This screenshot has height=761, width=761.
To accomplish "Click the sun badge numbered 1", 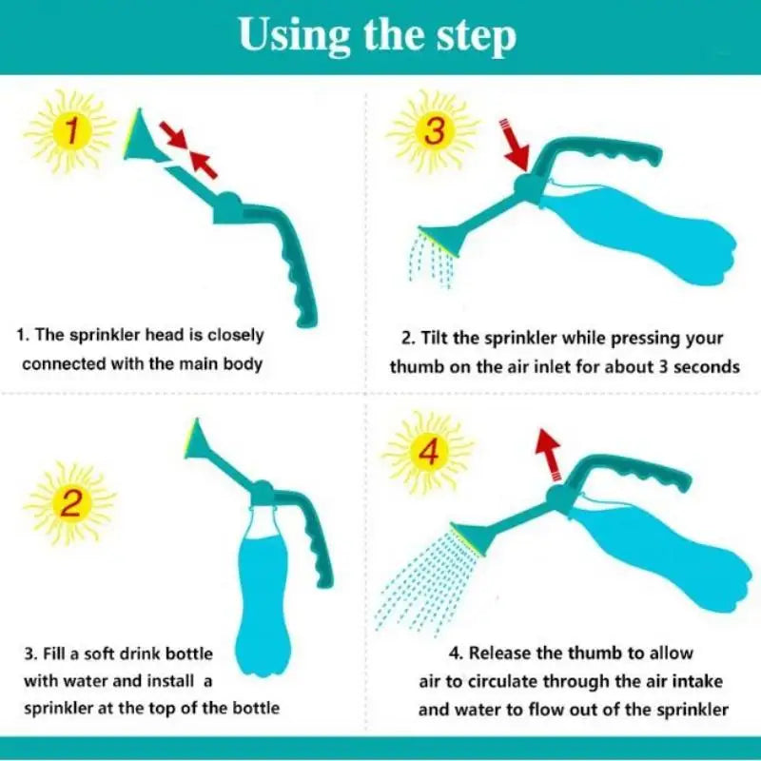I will (68, 130).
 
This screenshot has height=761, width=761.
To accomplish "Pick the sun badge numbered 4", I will (428, 454).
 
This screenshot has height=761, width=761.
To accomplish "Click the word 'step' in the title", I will (473, 37).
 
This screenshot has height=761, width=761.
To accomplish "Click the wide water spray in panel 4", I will (419, 576).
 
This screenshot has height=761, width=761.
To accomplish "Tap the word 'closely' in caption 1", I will (233, 336).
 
